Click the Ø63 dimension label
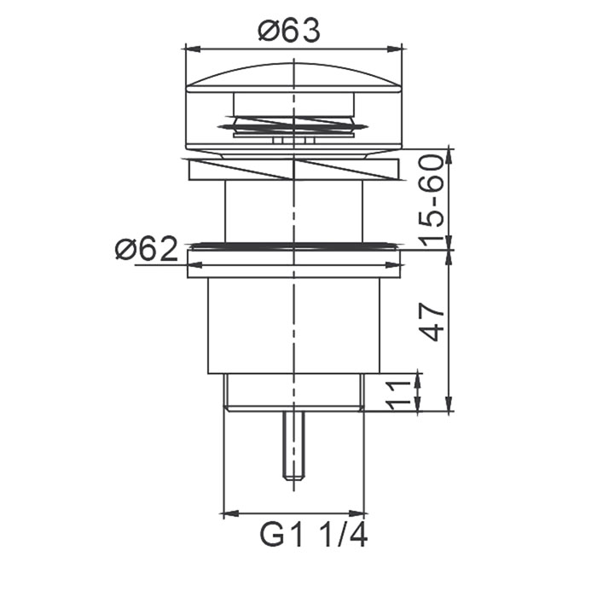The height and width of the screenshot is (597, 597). pos(288,31)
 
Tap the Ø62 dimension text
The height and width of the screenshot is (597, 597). pos(147,249)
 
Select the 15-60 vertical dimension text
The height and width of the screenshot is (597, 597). pos(432,200)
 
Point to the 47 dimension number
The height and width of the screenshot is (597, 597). pos(432,322)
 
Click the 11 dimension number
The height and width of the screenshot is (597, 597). pos(399,394)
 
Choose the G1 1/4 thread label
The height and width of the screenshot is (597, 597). pos(313,535)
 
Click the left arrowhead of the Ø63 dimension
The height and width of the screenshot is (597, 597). pos(192,49)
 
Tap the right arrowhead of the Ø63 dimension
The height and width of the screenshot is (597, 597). pos(395,49)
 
